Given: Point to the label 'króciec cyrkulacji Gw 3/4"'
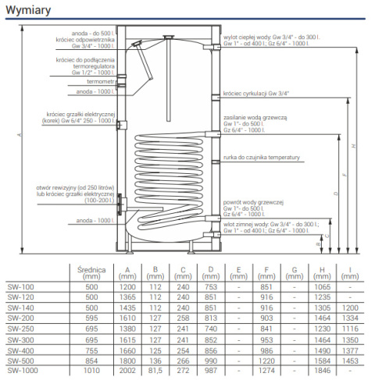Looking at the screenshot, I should (x=255, y=93).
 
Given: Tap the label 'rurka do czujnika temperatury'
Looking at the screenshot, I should (x=262, y=158).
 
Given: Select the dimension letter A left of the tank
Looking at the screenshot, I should (x=17, y=135).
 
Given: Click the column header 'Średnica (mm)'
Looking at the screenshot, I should (x=92, y=272).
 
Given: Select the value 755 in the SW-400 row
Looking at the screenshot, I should (x=92, y=351).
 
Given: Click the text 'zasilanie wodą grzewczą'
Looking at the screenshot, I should (x=256, y=116).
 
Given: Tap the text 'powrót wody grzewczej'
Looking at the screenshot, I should (x=253, y=202).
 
